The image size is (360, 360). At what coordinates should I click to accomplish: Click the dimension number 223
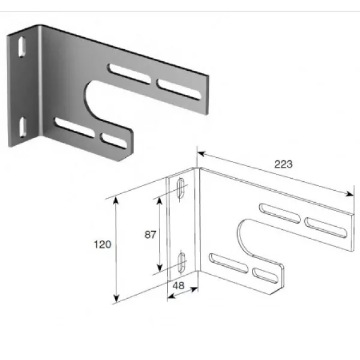click(284, 164)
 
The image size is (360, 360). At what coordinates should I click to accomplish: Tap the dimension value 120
click(103, 245)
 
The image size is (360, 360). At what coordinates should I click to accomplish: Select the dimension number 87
click(151, 235)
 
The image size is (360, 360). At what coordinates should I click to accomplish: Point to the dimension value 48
click(178, 286)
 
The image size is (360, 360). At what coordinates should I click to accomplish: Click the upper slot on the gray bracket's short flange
click(22, 47)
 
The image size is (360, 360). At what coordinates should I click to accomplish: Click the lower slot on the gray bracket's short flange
click(23, 127)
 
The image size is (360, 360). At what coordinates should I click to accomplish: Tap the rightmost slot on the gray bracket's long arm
click(179, 89)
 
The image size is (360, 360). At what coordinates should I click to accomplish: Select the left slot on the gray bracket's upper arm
click(130, 74)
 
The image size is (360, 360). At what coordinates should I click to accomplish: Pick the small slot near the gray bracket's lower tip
click(114, 140)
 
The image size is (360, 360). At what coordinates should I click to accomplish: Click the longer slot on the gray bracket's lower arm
click(74, 127)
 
